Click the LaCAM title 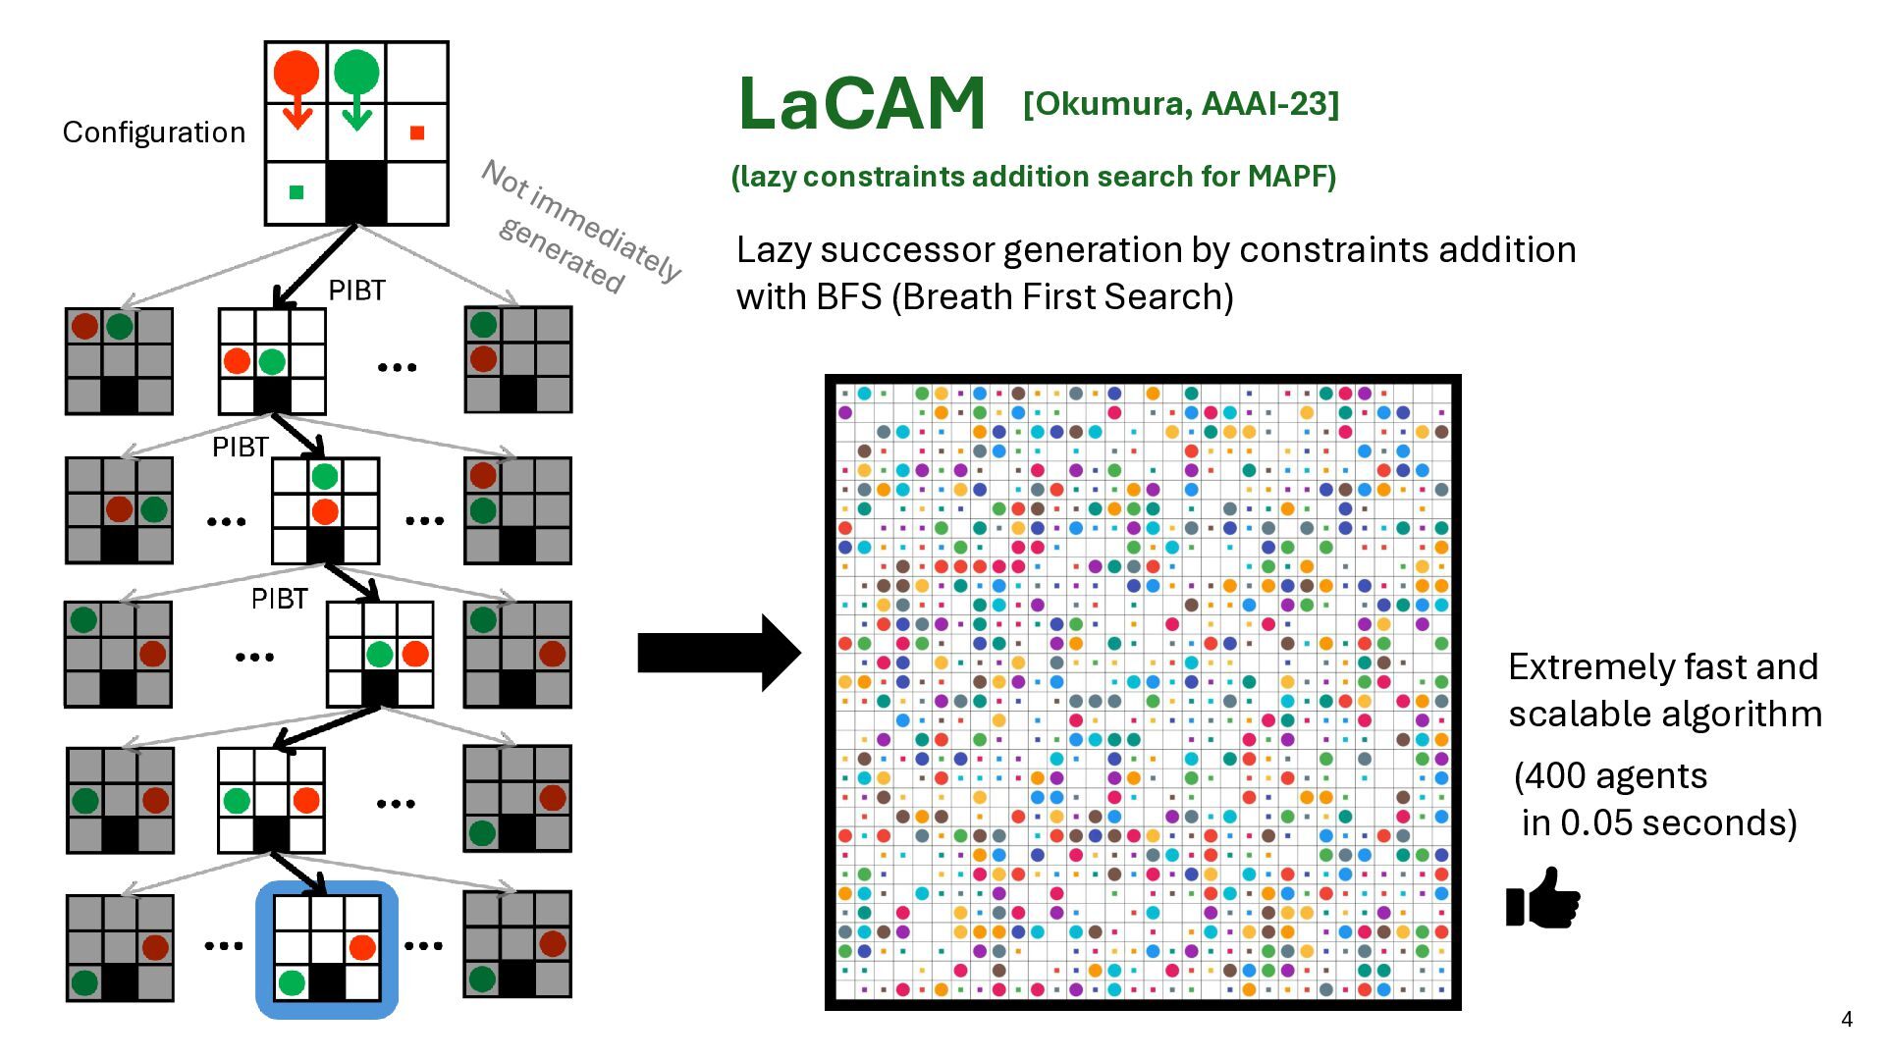click(861, 103)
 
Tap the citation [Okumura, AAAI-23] click(1180, 103)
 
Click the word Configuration click(154, 132)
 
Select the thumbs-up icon click(1543, 897)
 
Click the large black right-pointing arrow click(720, 653)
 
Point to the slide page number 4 click(1847, 1019)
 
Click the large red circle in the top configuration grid click(296, 73)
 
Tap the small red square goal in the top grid click(417, 132)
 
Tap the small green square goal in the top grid click(296, 192)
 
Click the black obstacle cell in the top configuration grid click(356, 193)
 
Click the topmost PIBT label click(356, 291)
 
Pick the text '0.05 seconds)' click(1659, 822)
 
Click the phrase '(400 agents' click(1611, 776)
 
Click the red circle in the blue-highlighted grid click(362, 947)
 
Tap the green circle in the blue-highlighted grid click(292, 982)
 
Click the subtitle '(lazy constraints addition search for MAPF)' click(1034, 177)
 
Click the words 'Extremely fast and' click(1663, 667)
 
